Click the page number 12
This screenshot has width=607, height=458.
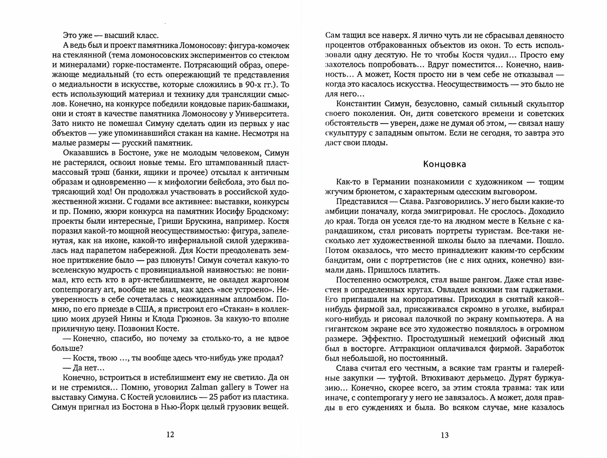coord(170,435)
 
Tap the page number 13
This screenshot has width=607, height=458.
coord(444,435)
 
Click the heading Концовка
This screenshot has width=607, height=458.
coord(444,164)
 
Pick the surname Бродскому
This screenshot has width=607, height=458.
coord(267,211)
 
